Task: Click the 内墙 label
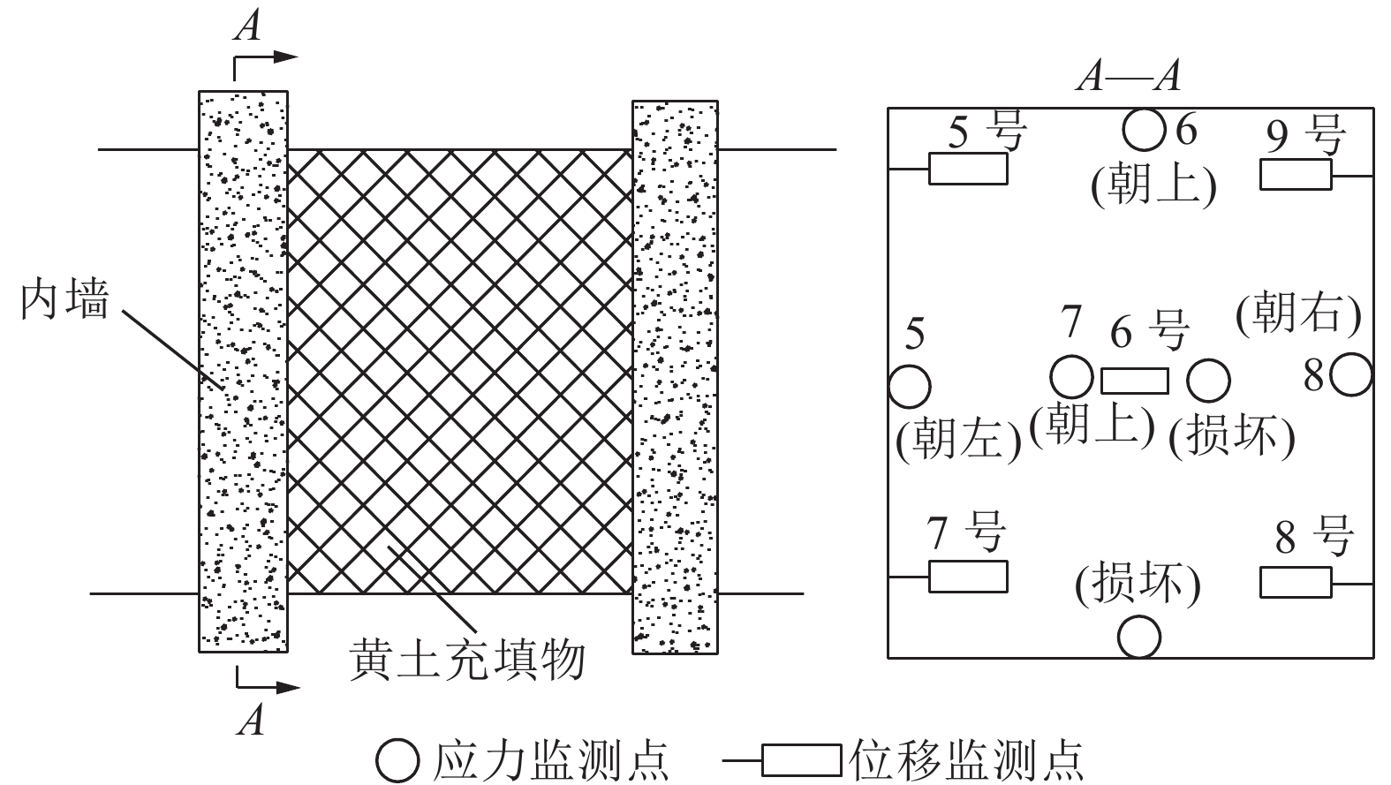click(x=65, y=300)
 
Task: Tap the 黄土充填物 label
click(x=467, y=660)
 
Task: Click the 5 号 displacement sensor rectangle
click(x=967, y=169)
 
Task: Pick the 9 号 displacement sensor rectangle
click(x=1296, y=175)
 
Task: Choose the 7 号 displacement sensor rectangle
click(x=967, y=577)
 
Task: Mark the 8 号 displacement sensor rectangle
click(x=1296, y=583)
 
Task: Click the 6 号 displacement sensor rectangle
click(x=1135, y=381)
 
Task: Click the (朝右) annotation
click(x=1298, y=314)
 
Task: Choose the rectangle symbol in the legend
click(x=801, y=759)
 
